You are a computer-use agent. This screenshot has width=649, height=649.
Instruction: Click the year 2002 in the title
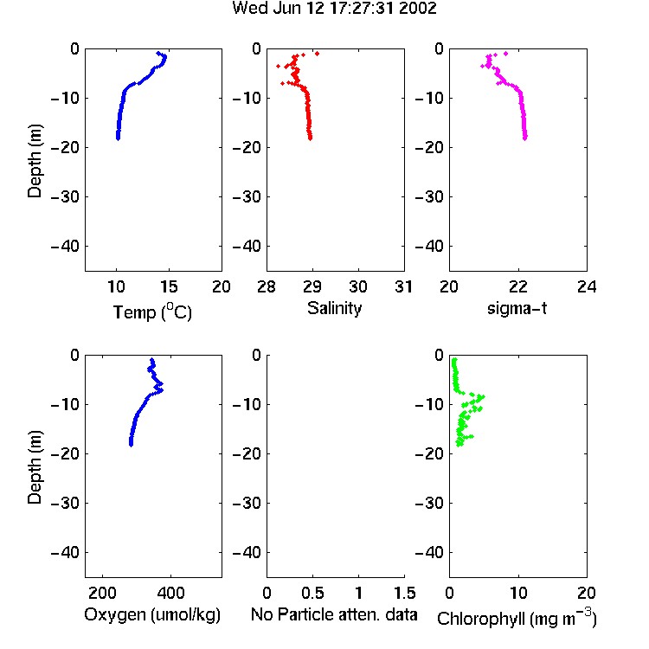click(x=418, y=9)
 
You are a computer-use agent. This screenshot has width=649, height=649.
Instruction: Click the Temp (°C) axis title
click(x=152, y=312)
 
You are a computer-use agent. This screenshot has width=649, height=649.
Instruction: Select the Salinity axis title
click(x=334, y=308)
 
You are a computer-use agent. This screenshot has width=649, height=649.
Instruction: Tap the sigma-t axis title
click(x=517, y=308)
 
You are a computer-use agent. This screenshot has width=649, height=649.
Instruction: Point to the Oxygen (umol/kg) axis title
click(x=152, y=614)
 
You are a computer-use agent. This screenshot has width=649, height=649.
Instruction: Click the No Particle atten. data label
click(x=334, y=614)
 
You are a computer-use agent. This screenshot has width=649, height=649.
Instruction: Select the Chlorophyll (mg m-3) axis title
click(x=517, y=618)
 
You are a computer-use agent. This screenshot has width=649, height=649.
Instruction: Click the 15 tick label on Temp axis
click(x=169, y=286)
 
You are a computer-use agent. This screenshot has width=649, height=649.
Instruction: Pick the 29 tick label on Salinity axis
click(x=312, y=286)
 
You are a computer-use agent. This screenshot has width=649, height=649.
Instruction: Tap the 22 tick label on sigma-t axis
click(x=518, y=286)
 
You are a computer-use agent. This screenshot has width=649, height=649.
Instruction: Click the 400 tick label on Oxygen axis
click(x=170, y=593)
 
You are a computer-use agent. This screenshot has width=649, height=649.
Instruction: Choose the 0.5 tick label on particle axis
click(x=312, y=593)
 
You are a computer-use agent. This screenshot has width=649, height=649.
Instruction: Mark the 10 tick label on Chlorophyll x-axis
click(x=518, y=593)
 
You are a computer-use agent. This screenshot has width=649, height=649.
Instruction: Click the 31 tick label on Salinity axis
click(x=403, y=286)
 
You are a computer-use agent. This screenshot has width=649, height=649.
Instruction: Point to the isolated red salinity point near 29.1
click(x=317, y=54)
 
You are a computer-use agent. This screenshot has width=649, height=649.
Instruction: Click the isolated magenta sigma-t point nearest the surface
click(x=506, y=54)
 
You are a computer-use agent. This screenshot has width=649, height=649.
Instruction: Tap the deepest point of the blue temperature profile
click(x=118, y=138)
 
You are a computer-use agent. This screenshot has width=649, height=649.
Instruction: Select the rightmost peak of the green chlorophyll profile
click(x=482, y=397)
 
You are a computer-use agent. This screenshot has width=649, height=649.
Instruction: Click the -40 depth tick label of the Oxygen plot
click(x=65, y=552)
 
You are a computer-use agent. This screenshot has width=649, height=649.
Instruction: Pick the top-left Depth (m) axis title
click(x=35, y=161)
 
